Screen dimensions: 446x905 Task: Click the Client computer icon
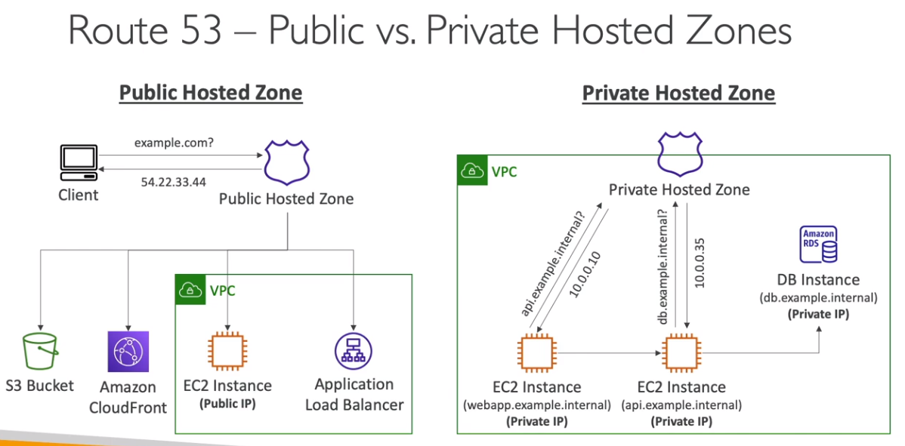[79, 163]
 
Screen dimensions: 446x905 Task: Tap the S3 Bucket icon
[41, 353]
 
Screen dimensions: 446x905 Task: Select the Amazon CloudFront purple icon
[128, 352]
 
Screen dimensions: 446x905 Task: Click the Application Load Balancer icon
[354, 351]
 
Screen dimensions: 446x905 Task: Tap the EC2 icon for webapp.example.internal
[536, 352]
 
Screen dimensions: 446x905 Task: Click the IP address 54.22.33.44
[173, 182]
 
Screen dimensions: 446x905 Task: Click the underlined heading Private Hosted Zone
[678, 94]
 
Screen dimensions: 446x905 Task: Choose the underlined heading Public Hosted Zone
[211, 93]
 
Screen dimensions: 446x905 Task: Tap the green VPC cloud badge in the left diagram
[190, 290]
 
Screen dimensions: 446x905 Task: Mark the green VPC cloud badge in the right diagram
[473, 171]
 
